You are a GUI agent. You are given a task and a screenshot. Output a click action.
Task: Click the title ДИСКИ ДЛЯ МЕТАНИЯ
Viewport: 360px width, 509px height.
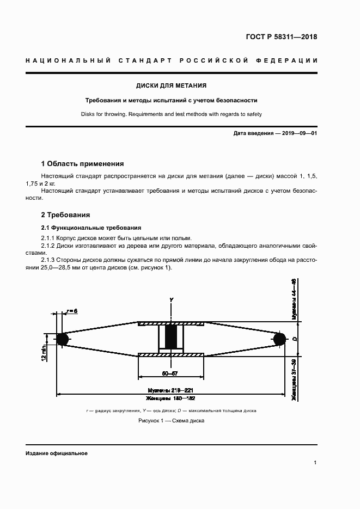point(171,85)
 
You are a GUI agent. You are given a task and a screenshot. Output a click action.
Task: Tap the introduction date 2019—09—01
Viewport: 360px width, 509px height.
point(300,133)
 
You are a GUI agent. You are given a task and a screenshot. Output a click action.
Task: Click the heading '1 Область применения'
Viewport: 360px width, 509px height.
point(82,163)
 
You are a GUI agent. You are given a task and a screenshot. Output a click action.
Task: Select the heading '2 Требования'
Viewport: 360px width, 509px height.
point(65,214)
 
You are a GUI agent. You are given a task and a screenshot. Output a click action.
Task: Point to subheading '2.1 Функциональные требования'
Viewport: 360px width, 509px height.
point(91,227)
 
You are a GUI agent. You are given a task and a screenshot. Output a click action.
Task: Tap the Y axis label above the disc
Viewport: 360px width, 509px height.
point(171,299)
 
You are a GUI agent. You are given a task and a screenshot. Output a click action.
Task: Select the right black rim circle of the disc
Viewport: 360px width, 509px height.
point(280,339)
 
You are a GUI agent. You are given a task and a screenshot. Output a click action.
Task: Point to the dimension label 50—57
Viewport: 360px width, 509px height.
point(170,373)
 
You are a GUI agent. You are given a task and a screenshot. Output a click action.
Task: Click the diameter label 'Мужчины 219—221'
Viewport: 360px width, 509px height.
point(170,391)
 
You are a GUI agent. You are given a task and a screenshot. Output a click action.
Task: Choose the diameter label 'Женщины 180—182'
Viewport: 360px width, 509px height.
point(170,398)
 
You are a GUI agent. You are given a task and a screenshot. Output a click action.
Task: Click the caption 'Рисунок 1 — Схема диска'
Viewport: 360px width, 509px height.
point(170,421)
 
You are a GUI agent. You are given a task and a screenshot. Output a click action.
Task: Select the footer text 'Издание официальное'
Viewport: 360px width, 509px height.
point(56,453)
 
